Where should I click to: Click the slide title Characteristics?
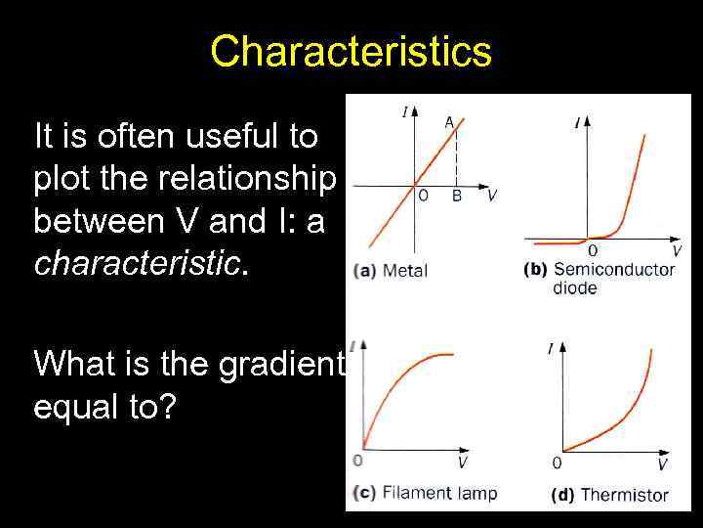pos(351,51)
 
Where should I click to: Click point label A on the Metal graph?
pos(449,122)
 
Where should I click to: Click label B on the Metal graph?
pos(456,196)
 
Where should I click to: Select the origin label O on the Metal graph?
pos(423,196)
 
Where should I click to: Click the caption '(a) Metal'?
pos(392,270)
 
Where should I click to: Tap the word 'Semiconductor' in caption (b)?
pos(613,269)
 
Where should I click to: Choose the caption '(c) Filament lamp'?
pos(425,492)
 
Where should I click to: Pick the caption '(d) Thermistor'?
pos(609,494)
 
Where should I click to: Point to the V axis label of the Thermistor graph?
pos(662,463)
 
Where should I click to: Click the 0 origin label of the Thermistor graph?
pos(557,463)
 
